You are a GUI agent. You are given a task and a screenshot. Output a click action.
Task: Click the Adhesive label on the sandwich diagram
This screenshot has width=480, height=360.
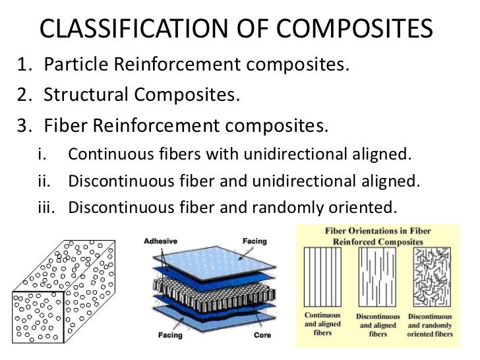point(159,241)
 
